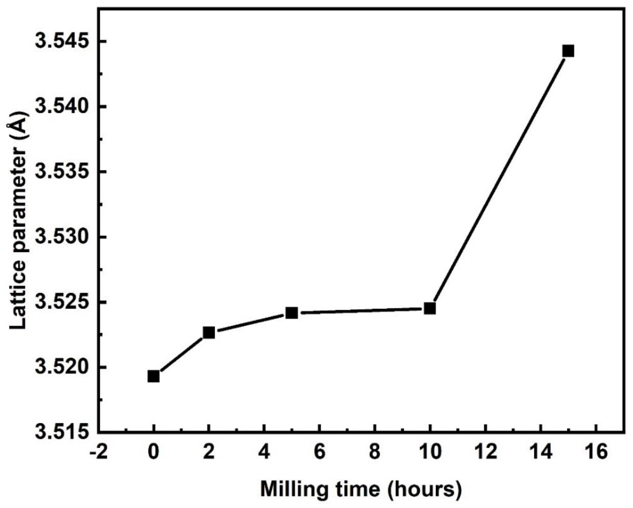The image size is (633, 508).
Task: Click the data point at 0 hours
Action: [x=154, y=376]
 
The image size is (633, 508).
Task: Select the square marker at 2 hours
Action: [x=209, y=333]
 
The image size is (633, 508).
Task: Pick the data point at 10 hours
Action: [x=430, y=309]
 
